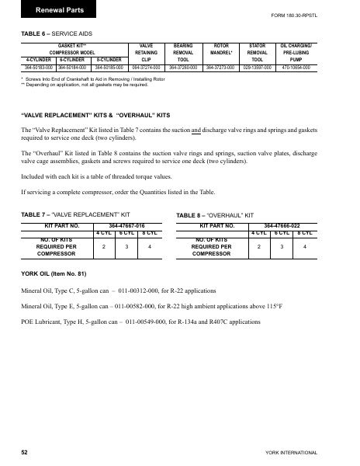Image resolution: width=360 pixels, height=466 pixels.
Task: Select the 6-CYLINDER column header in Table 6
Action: coord(71,59)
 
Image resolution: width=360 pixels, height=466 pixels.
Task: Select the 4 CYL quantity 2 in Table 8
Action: coord(261,246)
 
